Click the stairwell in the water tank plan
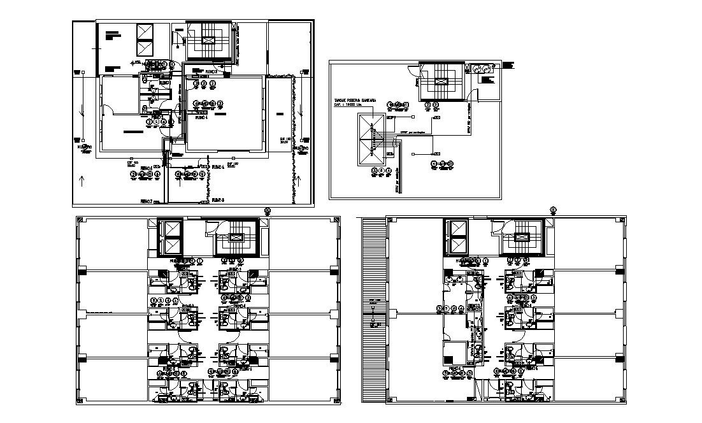pos(441,81)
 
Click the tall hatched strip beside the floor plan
pos(373,309)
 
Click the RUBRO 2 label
pos(211,72)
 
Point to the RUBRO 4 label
pos(202,117)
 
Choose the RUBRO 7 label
pos(148,200)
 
